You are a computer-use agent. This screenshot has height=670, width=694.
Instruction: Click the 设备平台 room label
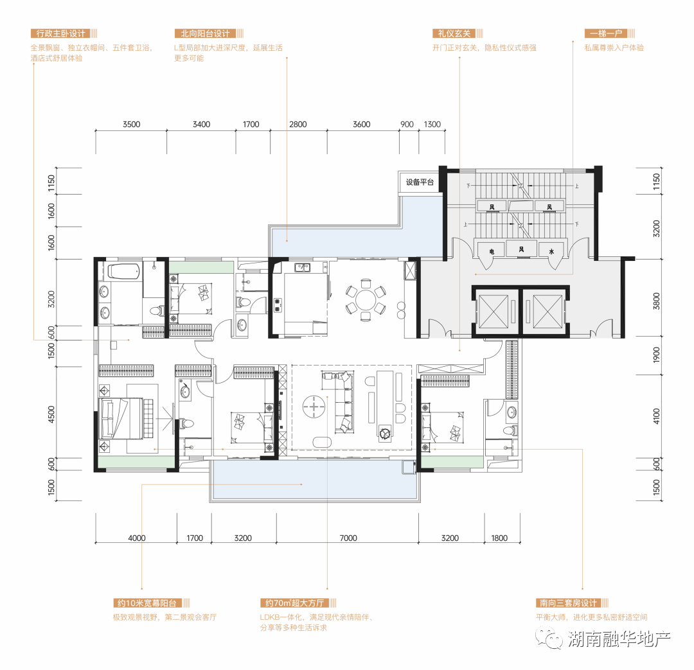(x=420, y=182)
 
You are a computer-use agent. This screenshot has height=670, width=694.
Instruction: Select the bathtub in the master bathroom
(x=124, y=271)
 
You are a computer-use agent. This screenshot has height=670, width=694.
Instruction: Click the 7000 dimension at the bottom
(x=348, y=538)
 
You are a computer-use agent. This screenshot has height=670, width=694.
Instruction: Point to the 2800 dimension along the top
(x=298, y=125)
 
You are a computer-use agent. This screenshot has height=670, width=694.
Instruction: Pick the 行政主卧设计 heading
(x=60, y=33)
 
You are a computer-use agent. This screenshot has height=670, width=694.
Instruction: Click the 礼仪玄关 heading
(x=454, y=33)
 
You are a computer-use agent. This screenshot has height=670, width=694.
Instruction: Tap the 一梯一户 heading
(x=606, y=33)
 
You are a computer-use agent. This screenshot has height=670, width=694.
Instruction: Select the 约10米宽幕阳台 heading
(x=147, y=603)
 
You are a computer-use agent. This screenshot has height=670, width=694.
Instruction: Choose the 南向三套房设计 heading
(x=568, y=603)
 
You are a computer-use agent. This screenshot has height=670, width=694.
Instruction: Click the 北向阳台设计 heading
(x=206, y=33)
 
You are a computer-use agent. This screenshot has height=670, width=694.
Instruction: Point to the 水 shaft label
(x=551, y=251)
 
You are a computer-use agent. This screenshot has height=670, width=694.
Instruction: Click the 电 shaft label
(x=492, y=251)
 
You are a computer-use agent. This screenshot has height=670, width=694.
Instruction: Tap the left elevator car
(x=494, y=312)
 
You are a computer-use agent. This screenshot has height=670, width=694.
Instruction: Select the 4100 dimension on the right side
(x=656, y=416)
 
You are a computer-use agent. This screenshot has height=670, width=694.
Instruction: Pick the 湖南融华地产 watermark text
(x=619, y=639)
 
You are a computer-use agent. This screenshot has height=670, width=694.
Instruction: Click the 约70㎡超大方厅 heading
(x=295, y=603)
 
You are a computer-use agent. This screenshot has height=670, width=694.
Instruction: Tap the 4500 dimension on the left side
(x=51, y=414)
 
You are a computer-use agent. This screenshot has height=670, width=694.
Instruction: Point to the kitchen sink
(x=303, y=267)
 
